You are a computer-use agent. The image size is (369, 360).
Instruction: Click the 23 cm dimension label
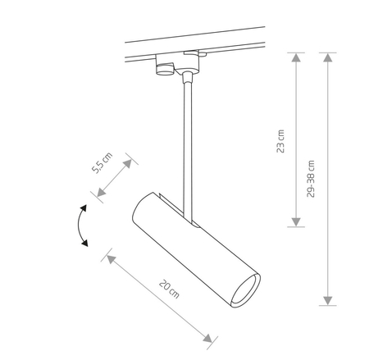coord(280,141)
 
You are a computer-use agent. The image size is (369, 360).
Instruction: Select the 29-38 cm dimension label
coord(311,179)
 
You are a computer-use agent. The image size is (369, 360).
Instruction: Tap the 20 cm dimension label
coord(169,289)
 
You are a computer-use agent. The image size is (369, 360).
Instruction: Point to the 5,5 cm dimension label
coord(102,162)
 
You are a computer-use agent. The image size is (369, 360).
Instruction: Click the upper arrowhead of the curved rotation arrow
coord(83,208)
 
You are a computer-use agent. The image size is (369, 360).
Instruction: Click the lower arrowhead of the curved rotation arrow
coord(85,243)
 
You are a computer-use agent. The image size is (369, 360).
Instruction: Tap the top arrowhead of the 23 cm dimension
coord(296,57)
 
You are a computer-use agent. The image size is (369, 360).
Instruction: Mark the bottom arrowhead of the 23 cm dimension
coord(296,222)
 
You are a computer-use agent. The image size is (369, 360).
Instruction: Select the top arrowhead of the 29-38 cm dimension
coord(328,57)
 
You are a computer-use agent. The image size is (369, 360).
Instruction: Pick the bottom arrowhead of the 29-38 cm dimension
coord(328,301)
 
